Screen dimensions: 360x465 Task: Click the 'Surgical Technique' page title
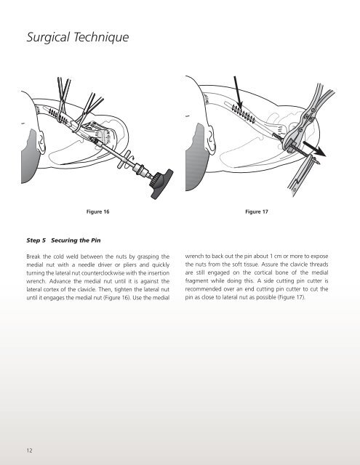78,37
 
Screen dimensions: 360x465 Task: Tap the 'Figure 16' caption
97,211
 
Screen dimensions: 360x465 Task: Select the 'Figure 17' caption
257,211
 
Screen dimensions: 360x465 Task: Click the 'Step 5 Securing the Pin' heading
63,240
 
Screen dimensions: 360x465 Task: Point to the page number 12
29,450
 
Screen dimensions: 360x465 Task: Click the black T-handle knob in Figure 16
161,185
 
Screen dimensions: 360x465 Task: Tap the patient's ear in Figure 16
40,140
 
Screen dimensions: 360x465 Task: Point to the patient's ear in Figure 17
212,137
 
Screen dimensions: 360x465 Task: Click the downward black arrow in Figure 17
238,93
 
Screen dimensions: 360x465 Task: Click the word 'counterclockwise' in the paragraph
103,273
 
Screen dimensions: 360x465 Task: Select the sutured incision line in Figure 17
244,114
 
